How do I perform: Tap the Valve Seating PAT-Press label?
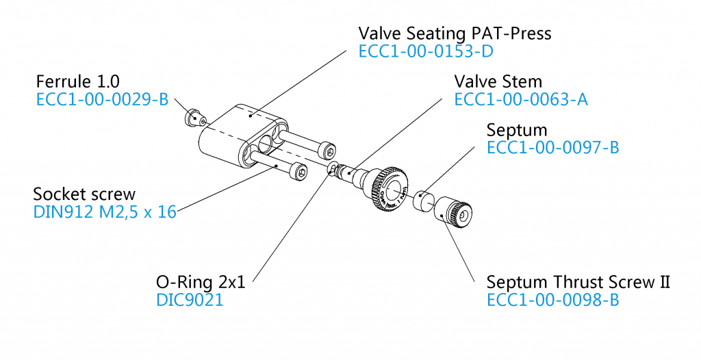click(x=455, y=33)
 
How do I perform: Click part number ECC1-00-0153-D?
click(x=425, y=51)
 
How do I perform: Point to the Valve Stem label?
click(x=498, y=82)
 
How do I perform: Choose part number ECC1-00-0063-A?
click(x=521, y=100)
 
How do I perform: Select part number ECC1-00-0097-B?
click(x=552, y=147)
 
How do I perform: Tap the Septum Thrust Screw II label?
click(x=578, y=282)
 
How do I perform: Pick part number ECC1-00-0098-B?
click(x=552, y=300)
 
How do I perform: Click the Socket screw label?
click(x=84, y=194)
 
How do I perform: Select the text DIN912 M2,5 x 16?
click(x=105, y=211)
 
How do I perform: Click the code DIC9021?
click(x=190, y=300)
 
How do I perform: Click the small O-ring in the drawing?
click(x=331, y=168)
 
